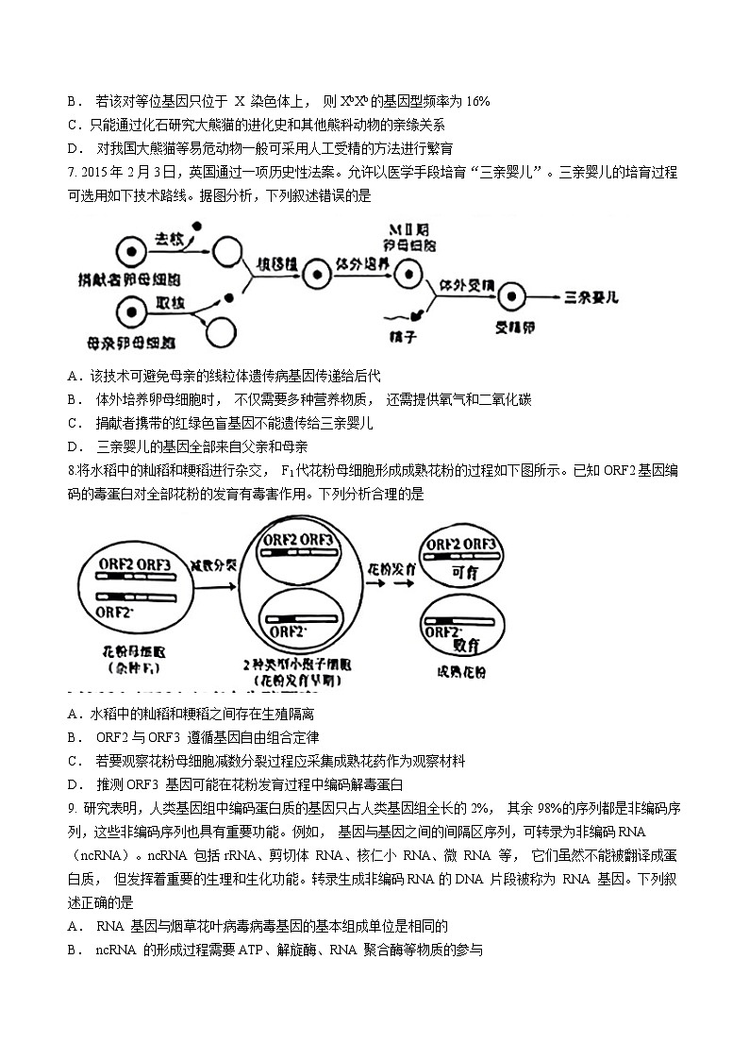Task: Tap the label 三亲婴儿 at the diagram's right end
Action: point(591,296)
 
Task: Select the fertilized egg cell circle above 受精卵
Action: point(510,295)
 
